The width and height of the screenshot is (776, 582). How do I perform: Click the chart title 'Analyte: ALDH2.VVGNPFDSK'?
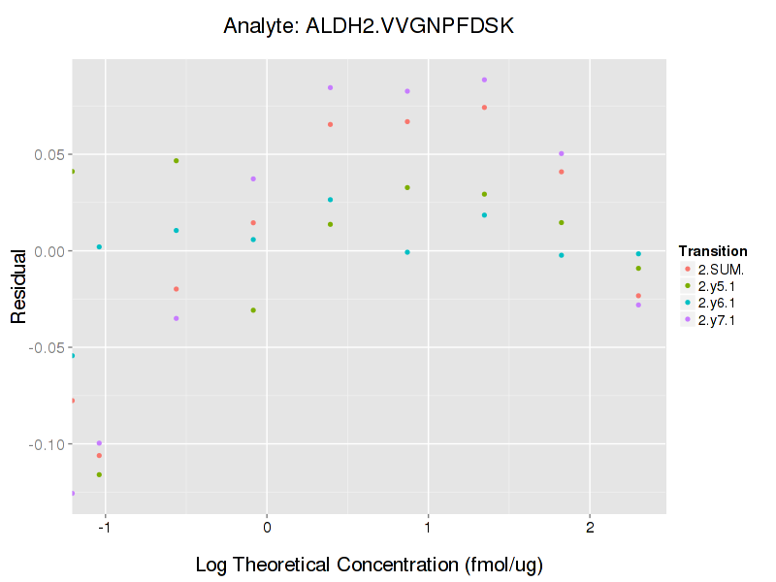click(x=368, y=26)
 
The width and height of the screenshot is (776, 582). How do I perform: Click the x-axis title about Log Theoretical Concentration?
click(x=368, y=565)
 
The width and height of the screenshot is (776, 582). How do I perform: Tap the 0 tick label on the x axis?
click(x=266, y=528)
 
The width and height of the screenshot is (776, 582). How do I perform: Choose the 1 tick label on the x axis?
click(x=428, y=528)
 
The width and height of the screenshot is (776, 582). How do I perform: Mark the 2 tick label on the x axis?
click(x=590, y=528)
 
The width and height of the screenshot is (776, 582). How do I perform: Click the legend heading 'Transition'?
click(x=713, y=250)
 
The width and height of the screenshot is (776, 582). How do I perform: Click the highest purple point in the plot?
click(x=484, y=80)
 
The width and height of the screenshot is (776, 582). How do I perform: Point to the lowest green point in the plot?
click(x=99, y=474)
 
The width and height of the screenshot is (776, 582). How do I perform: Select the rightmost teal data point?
click(x=638, y=254)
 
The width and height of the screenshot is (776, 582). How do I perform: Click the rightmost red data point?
click(x=638, y=296)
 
